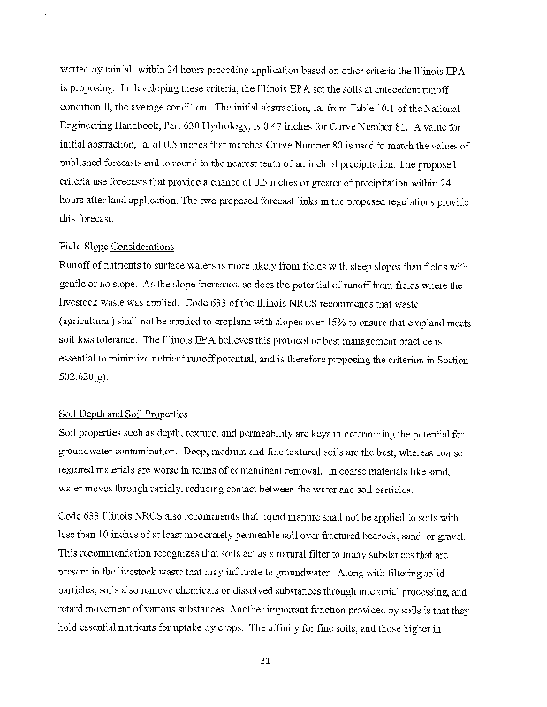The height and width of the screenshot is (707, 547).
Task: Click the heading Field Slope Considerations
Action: [x=116, y=247]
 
